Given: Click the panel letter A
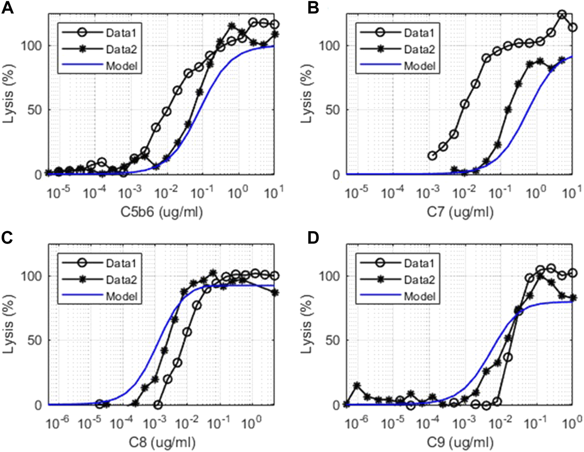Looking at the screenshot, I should click(x=8, y=8).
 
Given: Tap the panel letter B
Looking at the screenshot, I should click(x=313, y=8).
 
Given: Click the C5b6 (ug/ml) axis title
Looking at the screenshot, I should click(x=162, y=212).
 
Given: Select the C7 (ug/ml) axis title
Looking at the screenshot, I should click(x=460, y=212).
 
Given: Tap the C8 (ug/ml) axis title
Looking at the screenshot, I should click(x=162, y=442).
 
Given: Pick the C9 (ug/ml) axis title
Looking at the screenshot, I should click(x=460, y=442).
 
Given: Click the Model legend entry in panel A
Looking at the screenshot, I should click(x=121, y=66).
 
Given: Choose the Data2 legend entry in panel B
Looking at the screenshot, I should click(x=419, y=49).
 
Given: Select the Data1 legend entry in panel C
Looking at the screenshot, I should click(x=121, y=263).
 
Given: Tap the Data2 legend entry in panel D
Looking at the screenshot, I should click(x=419, y=280).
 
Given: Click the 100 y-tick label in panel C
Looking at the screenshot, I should click(x=32, y=276).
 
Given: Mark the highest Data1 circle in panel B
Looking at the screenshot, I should click(x=562, y=15).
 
